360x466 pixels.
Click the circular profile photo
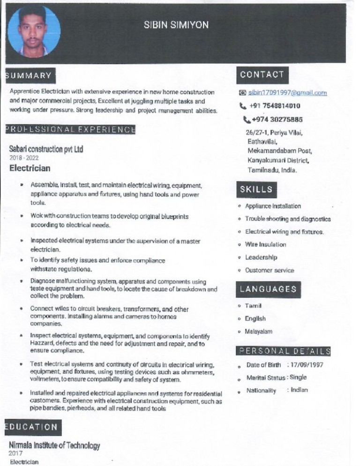pos(34,32)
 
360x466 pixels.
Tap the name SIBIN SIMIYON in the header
pos(176,25)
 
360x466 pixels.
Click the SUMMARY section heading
pos(29,75)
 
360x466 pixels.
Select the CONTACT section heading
pos(262,75)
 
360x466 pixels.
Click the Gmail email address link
pos(287,93)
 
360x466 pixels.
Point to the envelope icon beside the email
pos(242,93)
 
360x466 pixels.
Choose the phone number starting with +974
pos(277,120)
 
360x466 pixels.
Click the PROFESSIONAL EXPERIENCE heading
pos(70,129)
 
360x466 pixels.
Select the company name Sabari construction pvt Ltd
pos(46,149)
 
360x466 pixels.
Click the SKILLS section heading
pos(256,189)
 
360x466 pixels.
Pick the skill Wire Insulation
pos(265,244)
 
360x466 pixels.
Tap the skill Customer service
pos(270,270)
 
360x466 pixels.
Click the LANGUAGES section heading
pos(268,289)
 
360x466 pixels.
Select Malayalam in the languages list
pos(259,331)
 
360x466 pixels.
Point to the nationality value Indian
pos(299,390)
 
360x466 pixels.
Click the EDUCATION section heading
pos(31,427)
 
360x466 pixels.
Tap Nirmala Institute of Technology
pos(54,445)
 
